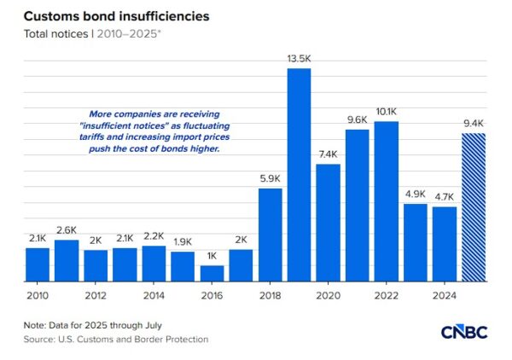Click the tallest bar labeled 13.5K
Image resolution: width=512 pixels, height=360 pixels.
click(299, 175)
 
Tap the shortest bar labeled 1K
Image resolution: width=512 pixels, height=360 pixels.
click(212, 273)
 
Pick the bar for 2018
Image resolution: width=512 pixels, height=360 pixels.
click(270, 235)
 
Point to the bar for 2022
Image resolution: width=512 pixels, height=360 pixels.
click(386, 201)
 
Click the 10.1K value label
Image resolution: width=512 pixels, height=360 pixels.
click(386, 111)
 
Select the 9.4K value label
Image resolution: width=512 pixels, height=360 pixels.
click(473, 123)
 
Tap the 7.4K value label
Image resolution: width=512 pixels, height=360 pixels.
click(328, 154)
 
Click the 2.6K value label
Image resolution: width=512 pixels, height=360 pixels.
click(67, 229)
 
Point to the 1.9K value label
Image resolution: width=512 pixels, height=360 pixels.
click(183, 241)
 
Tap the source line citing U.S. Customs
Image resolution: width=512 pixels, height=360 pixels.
click(115, 339)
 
